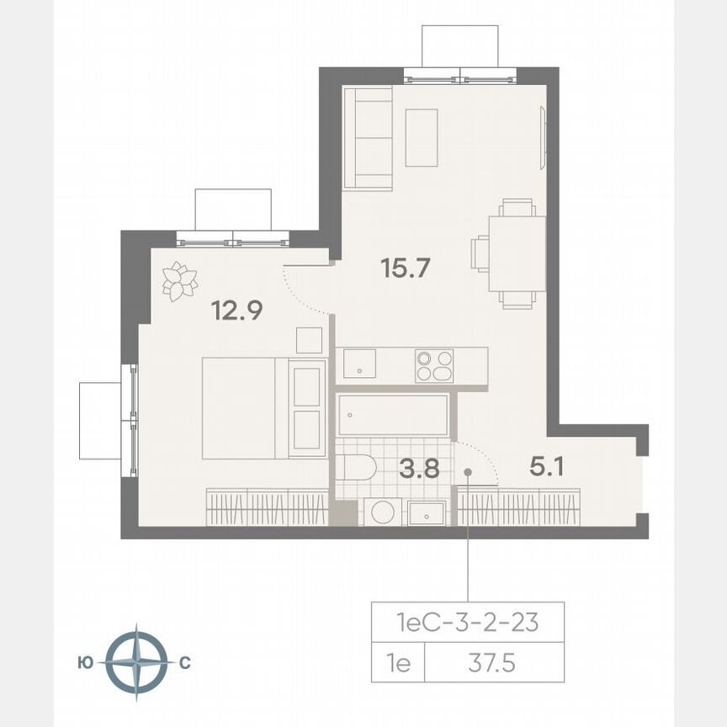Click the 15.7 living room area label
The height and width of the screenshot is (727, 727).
(x=406, y=269)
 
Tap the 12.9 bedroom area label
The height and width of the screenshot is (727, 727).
(x=237, y=310)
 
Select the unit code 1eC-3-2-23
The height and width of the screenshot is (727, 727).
(x=467, y=624)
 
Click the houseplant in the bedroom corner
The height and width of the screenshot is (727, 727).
(x=178, y=281)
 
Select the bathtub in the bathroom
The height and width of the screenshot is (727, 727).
(x=393, y=415)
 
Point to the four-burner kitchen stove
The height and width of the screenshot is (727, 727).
(x=434, y=366)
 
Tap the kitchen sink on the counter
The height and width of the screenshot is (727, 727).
(x=360, y=363)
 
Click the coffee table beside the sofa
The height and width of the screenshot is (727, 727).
(x=422, y=137)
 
